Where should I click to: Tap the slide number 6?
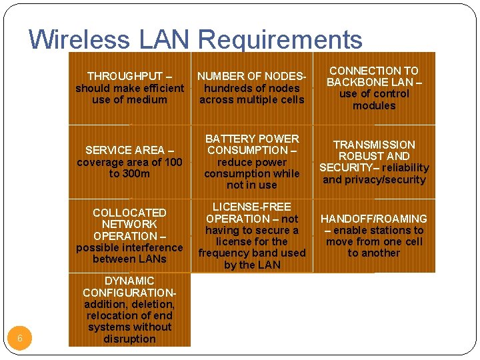pyautogui.click(x=20, y=339)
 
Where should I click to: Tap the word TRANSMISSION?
pyautogui.click(x=374, y=145)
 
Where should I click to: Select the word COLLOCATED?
pyautogui.click(x=129, y=213)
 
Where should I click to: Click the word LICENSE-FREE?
pyautogui.click(x=252, y=207)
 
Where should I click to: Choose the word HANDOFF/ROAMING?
pyautogui.click(x=374, y=219)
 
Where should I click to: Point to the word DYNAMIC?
pyautogui.click(x=129, y=281)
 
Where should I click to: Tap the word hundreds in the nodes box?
pyautogui.click(x=225, y=88)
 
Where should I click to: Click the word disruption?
pyautogui.click(x=129, y=339)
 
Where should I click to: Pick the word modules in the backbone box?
pyautogui.click(x=374, y=105)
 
